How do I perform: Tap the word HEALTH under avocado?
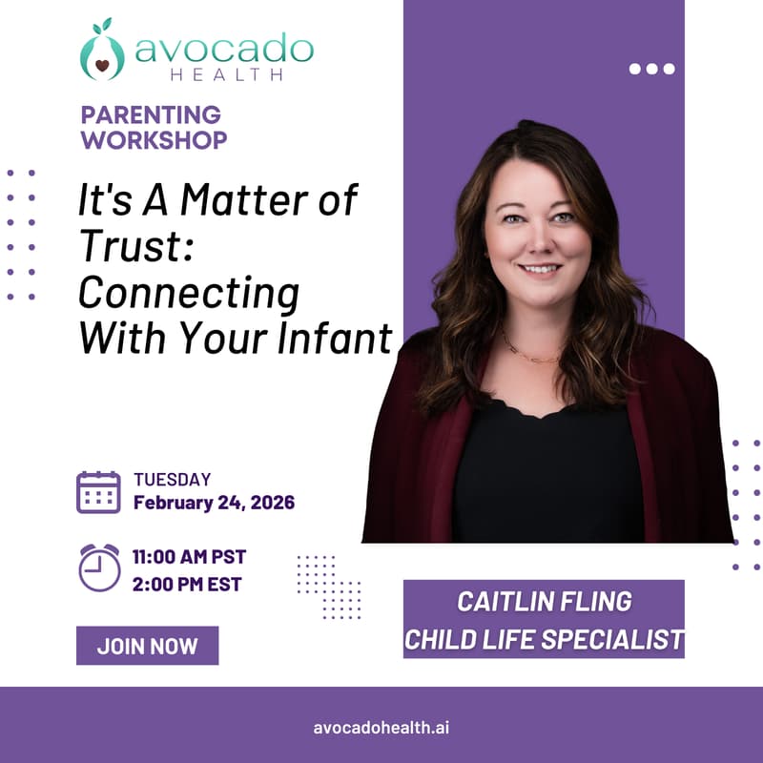click(224, 74)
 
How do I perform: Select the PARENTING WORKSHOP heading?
click(154, 128)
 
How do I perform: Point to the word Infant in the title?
click(345, 337)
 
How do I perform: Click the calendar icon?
click(98, 492)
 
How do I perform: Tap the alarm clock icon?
click(98, 567)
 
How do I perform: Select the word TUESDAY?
click(172, 480)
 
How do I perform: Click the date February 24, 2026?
click(214, 503)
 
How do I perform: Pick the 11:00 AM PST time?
click(189, 556)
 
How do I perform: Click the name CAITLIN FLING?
click(545, 603)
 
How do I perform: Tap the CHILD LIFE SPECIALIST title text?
click(545, 639)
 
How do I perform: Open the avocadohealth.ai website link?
click(381, 726)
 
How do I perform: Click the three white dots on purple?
click(652, 68)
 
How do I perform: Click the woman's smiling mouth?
click(541, 270)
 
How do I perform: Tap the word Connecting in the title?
click(188, 292)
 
